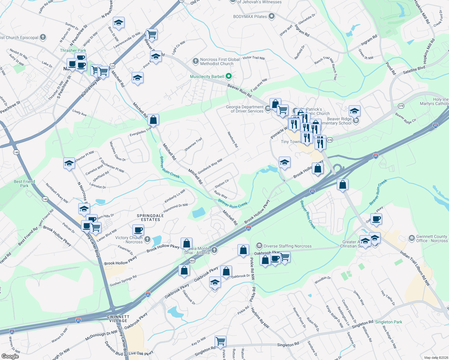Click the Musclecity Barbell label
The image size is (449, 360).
207,76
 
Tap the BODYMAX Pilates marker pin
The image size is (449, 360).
272,16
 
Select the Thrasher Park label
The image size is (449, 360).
73,50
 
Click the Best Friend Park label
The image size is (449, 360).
24,184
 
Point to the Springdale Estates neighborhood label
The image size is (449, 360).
150,217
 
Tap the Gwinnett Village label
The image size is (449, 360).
118,319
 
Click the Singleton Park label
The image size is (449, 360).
389,322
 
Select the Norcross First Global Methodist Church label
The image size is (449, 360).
220,61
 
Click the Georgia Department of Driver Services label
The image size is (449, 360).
245,109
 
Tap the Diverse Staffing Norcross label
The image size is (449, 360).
288,246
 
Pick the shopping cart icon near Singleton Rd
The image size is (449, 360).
220,341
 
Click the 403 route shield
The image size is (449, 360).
192,261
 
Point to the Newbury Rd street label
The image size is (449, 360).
233,139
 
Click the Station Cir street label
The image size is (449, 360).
222,183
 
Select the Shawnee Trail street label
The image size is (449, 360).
193,144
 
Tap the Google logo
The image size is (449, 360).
10,356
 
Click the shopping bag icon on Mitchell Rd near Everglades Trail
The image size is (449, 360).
153,120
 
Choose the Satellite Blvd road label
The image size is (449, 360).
414,70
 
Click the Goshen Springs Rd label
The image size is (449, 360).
123,281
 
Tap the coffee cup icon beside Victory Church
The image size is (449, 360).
138,230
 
